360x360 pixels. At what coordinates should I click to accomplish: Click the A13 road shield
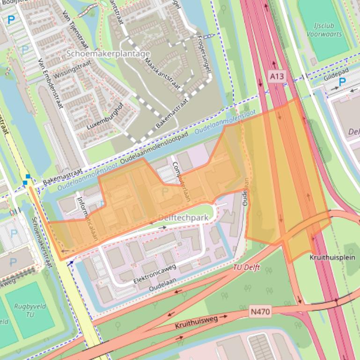[277, 76]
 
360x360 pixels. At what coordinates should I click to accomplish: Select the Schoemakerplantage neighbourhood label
[108, 53]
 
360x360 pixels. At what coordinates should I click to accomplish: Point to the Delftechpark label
[183, 217]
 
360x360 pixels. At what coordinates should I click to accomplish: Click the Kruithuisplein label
[332, 258]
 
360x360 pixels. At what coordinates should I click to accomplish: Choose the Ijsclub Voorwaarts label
[324, 30]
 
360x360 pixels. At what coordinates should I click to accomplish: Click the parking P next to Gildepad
[342, 82]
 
